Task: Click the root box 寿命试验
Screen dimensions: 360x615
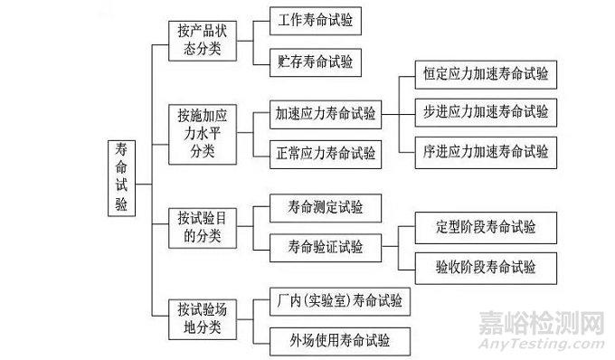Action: click(121, 178)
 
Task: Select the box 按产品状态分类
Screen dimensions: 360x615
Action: click(203, 39)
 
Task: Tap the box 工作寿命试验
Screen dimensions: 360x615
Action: click(316, 19)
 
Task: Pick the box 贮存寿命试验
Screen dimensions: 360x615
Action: click(316, 62)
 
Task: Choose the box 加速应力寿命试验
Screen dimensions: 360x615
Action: click(325, 115)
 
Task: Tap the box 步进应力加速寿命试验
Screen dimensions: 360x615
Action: click(485, 112)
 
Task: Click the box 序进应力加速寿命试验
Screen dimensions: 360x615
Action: click(485, 151)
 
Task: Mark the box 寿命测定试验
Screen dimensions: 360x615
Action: click(325, 208)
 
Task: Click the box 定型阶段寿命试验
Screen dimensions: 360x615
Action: click(485, 227)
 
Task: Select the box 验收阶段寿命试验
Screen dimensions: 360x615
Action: click(485, 267)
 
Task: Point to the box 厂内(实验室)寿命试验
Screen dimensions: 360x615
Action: click(339, 299)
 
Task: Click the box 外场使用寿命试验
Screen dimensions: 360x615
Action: click(339, 341)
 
